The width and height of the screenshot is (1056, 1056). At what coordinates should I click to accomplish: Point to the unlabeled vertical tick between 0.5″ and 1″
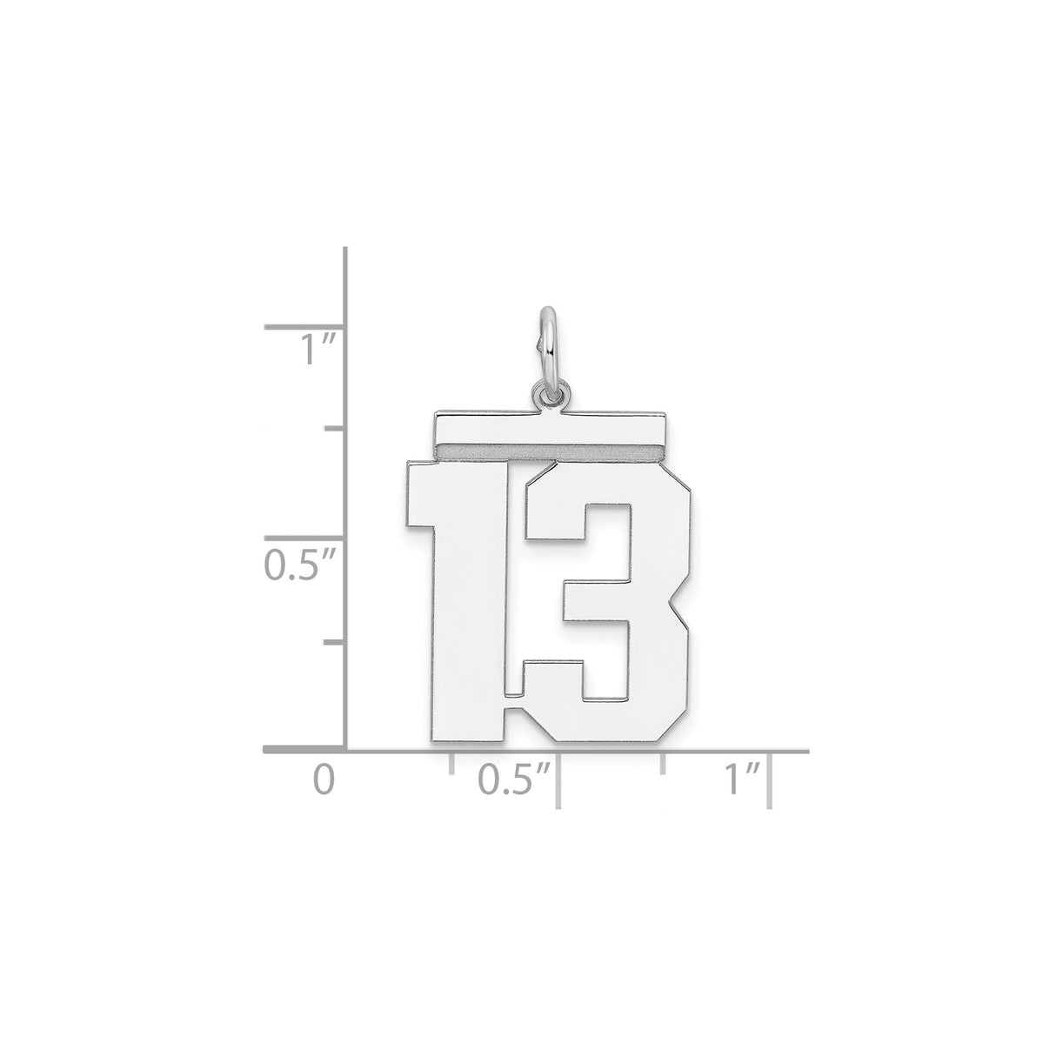click(336, 428)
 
